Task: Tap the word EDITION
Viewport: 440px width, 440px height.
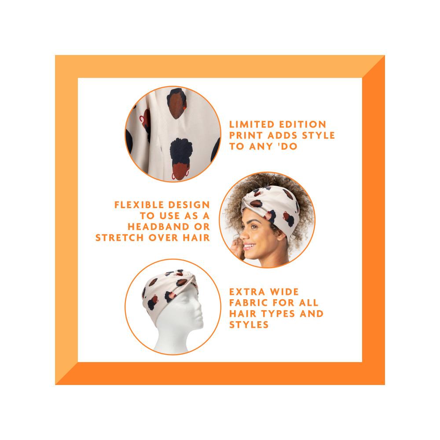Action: [303, 125]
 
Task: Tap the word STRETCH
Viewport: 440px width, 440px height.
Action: [120, 238]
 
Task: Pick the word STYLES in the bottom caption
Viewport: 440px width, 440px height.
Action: [249, 325]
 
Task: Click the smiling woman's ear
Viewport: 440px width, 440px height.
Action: [281, 235]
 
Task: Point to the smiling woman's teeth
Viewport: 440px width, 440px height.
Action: [248, 246]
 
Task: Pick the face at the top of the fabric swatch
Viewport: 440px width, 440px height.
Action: [177, 103]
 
